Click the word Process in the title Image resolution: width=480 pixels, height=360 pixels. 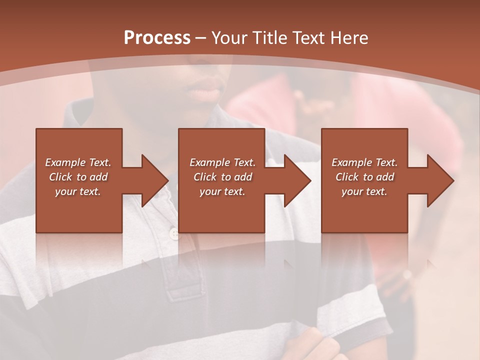pyautogui.click(x=157, y=38)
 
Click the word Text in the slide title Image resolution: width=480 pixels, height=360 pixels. pyautogui.click(x=309, y=38)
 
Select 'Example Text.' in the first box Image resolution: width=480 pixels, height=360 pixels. pyautogui.click(x=78, y=162)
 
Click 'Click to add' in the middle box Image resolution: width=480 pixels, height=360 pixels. pyautogui.click(x=222, y=177)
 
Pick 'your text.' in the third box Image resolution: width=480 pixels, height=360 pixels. pyautogui.click(x=364, y=191)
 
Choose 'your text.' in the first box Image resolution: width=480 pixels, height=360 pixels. pyautogui.click(x=78, y=191)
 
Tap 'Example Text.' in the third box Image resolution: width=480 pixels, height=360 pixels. pyautogui.click(x=364, y=162)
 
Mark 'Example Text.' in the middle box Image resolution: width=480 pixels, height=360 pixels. pyautogui.click(x=222, y=162)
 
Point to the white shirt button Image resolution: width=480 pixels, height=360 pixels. pyautogui.click(x=174, y=233)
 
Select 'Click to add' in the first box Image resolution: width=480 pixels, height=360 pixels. pyautogui.click(x=78, y=177)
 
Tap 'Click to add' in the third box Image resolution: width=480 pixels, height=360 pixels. pyautogui.click(x=364, y=177)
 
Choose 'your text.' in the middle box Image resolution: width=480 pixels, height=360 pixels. pyautogui.click(x=222, y=191)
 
